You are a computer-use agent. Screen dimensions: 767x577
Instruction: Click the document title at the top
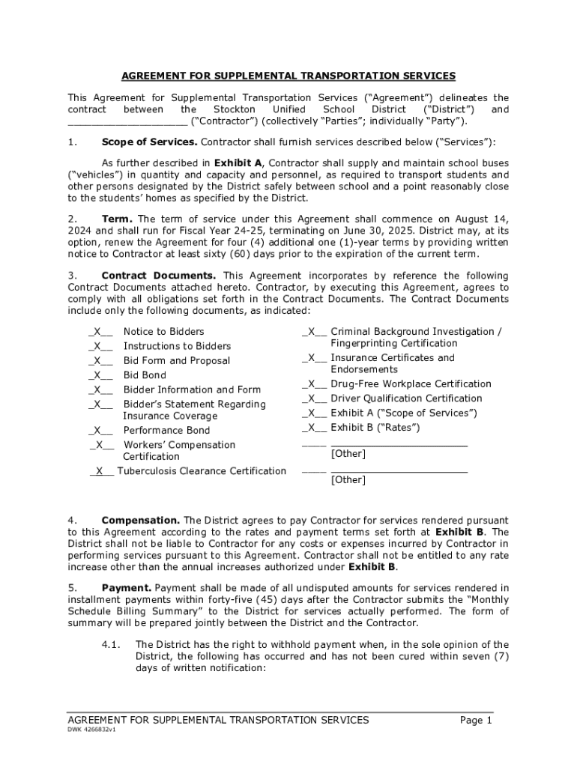[x=288, y=76]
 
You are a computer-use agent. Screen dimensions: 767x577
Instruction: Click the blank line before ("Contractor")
[x=127, y=121]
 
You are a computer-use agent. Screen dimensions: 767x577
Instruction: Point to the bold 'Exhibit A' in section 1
[x=238, y=163]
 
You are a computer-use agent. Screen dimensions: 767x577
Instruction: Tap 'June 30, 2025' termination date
[x=372, y=231]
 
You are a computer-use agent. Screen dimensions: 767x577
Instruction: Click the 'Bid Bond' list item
[x=145, y=375]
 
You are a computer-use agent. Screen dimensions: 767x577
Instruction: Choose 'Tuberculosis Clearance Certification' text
[x=201, y=471]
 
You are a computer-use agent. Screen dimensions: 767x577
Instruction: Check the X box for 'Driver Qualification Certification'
[x=314, y=398]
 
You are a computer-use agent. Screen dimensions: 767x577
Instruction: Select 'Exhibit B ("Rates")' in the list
[x=375, y=428]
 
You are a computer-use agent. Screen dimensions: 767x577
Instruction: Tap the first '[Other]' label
[x=348, y=454]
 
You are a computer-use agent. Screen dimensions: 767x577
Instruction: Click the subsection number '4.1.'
[x=111, y=645]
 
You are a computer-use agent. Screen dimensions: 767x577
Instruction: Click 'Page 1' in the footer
[x=476, y=721]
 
